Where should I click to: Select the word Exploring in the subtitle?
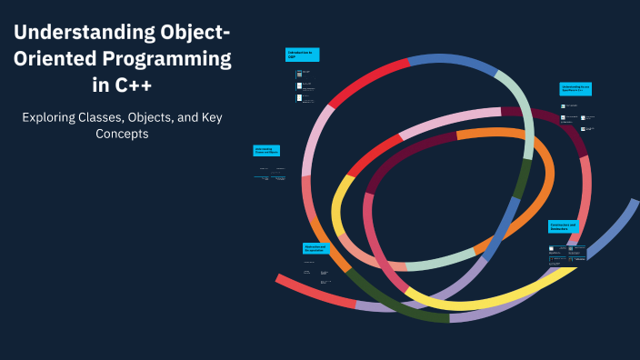(x=51, y=117)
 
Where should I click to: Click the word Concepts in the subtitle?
(x=122, y=134)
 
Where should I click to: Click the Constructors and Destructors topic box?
(x=565, y=226)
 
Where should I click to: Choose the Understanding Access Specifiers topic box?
(x=575, y=88)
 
